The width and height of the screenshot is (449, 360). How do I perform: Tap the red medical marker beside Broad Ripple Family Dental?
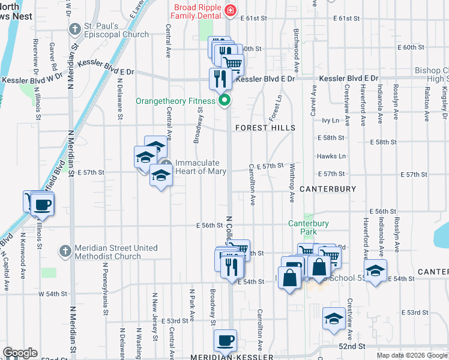[229, 10]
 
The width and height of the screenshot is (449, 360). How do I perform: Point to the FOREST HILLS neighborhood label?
[265, 128]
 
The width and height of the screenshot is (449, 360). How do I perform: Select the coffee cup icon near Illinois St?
[43, 205]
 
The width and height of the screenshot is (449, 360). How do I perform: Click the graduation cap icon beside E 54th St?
[375, 271]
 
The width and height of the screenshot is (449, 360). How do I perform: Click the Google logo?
[20, 353]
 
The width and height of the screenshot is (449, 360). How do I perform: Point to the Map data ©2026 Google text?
[412, 355]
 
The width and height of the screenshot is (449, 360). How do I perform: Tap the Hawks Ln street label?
[331, 156]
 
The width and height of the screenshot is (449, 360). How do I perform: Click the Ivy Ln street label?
[330, 121]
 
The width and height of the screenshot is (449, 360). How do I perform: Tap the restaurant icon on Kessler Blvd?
[220, 77]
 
